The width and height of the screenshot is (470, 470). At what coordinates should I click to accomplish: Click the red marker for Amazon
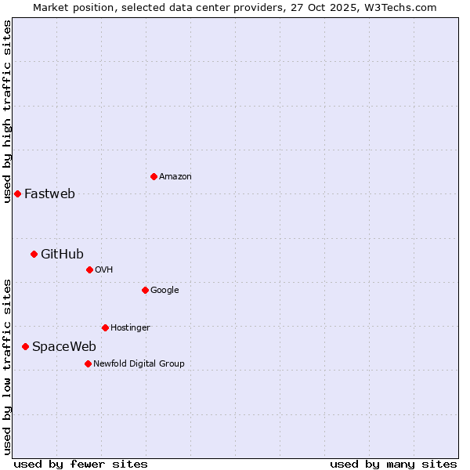tap(154, 176)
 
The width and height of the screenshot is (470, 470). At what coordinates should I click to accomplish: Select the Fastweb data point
tap(17, 193)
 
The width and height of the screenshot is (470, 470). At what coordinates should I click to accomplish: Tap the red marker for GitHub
tap(34, 254)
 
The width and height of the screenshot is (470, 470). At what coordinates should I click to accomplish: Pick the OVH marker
tap(89, 269)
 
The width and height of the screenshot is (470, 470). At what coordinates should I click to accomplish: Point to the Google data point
tap(145, 290)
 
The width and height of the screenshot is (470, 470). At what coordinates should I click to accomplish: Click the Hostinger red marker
tap(105, 327)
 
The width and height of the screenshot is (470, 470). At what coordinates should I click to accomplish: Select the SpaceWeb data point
tap(25, 346)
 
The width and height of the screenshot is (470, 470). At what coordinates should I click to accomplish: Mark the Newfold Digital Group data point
tap(88, 363)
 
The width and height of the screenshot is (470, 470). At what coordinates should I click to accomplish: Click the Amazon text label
tap(175, 177)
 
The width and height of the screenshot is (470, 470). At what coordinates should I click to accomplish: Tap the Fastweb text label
tap(49, 194)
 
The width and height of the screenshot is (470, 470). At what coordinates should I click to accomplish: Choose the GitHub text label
tap(62, 254)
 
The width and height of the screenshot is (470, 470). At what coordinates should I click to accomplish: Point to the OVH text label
tap(104, 270)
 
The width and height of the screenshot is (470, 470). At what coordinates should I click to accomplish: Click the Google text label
tap(164, 291)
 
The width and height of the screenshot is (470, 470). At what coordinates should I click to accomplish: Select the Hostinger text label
tap(130, 328)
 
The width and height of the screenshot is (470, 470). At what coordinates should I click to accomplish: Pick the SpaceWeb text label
tap(64, 347)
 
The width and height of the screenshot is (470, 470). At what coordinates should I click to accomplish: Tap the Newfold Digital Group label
tap(139, 364)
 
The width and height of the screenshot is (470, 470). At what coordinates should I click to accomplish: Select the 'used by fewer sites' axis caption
tap(81, 464)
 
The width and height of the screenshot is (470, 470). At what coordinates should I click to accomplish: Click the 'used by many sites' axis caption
tap(393, 464)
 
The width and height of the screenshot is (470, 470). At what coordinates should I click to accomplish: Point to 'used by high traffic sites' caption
tap(7, 111)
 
